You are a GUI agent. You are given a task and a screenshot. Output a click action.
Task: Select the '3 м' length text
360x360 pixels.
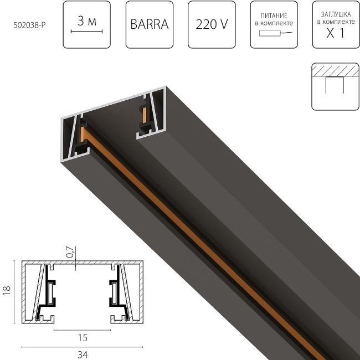[x=86, y=21]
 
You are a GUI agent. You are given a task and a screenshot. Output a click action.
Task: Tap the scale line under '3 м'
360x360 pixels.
[x=86, y=32]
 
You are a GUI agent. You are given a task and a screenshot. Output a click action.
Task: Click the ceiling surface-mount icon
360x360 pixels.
[x=335, y=86]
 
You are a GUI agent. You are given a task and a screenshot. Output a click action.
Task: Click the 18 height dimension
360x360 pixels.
[x=7, y=291]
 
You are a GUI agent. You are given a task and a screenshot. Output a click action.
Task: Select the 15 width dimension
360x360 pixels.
[x=83, y=337]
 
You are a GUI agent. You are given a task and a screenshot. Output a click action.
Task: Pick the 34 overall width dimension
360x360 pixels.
[x=83, y=354]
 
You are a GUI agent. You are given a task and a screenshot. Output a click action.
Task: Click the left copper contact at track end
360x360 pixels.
[x=83, y=133]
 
